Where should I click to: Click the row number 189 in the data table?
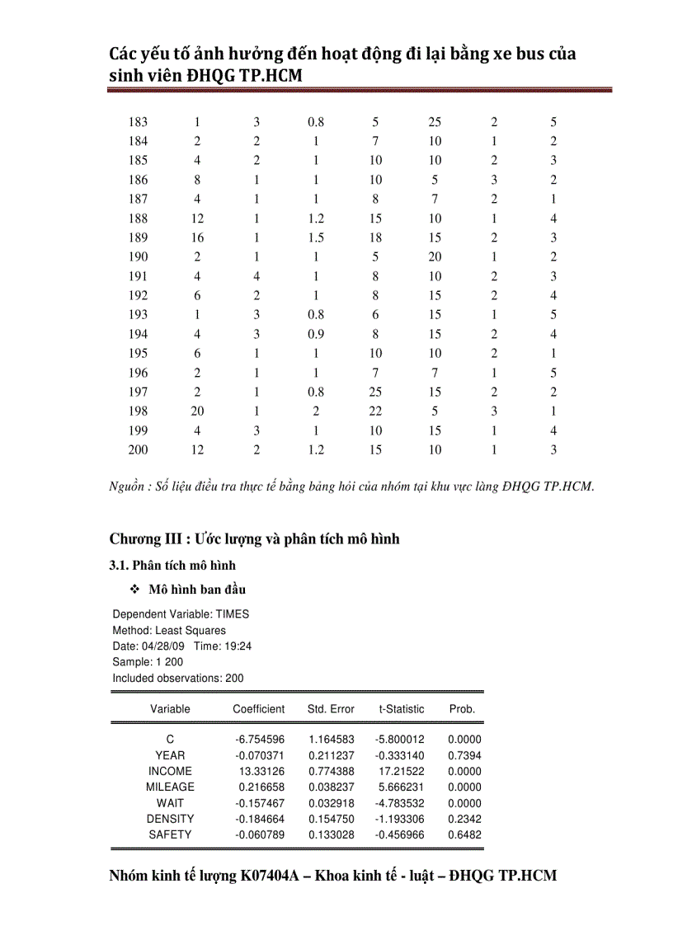139,237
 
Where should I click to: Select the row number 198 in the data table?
139,411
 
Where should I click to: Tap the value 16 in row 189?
197,237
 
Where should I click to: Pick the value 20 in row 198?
197,411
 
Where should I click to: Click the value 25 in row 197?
375,392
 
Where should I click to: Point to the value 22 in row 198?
375,411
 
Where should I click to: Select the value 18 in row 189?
375,237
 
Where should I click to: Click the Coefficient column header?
259,709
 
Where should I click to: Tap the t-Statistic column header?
402,709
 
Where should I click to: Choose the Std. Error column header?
331,709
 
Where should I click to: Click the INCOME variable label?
170,771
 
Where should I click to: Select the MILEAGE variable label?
170,787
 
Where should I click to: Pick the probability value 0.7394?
464,755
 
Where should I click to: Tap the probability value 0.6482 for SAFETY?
464,834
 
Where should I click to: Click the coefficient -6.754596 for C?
260,740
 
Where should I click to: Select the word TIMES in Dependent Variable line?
233,614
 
